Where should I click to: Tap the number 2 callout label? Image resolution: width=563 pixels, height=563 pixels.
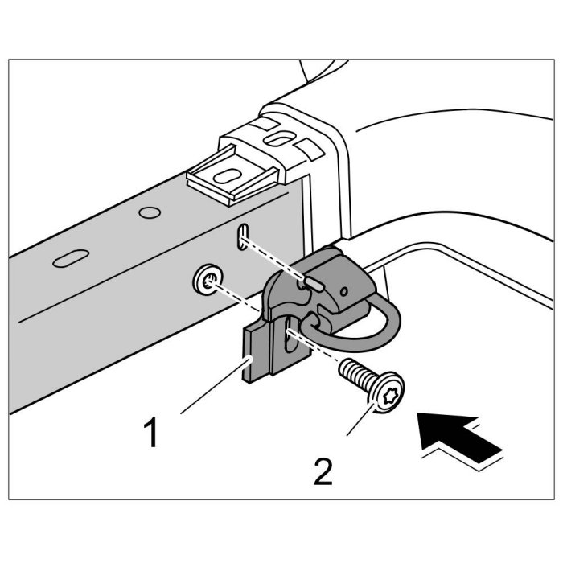[323, 471]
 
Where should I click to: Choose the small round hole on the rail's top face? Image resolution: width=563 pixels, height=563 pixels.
[147, 213]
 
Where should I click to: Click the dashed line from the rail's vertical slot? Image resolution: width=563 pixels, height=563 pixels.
[273, 257]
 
